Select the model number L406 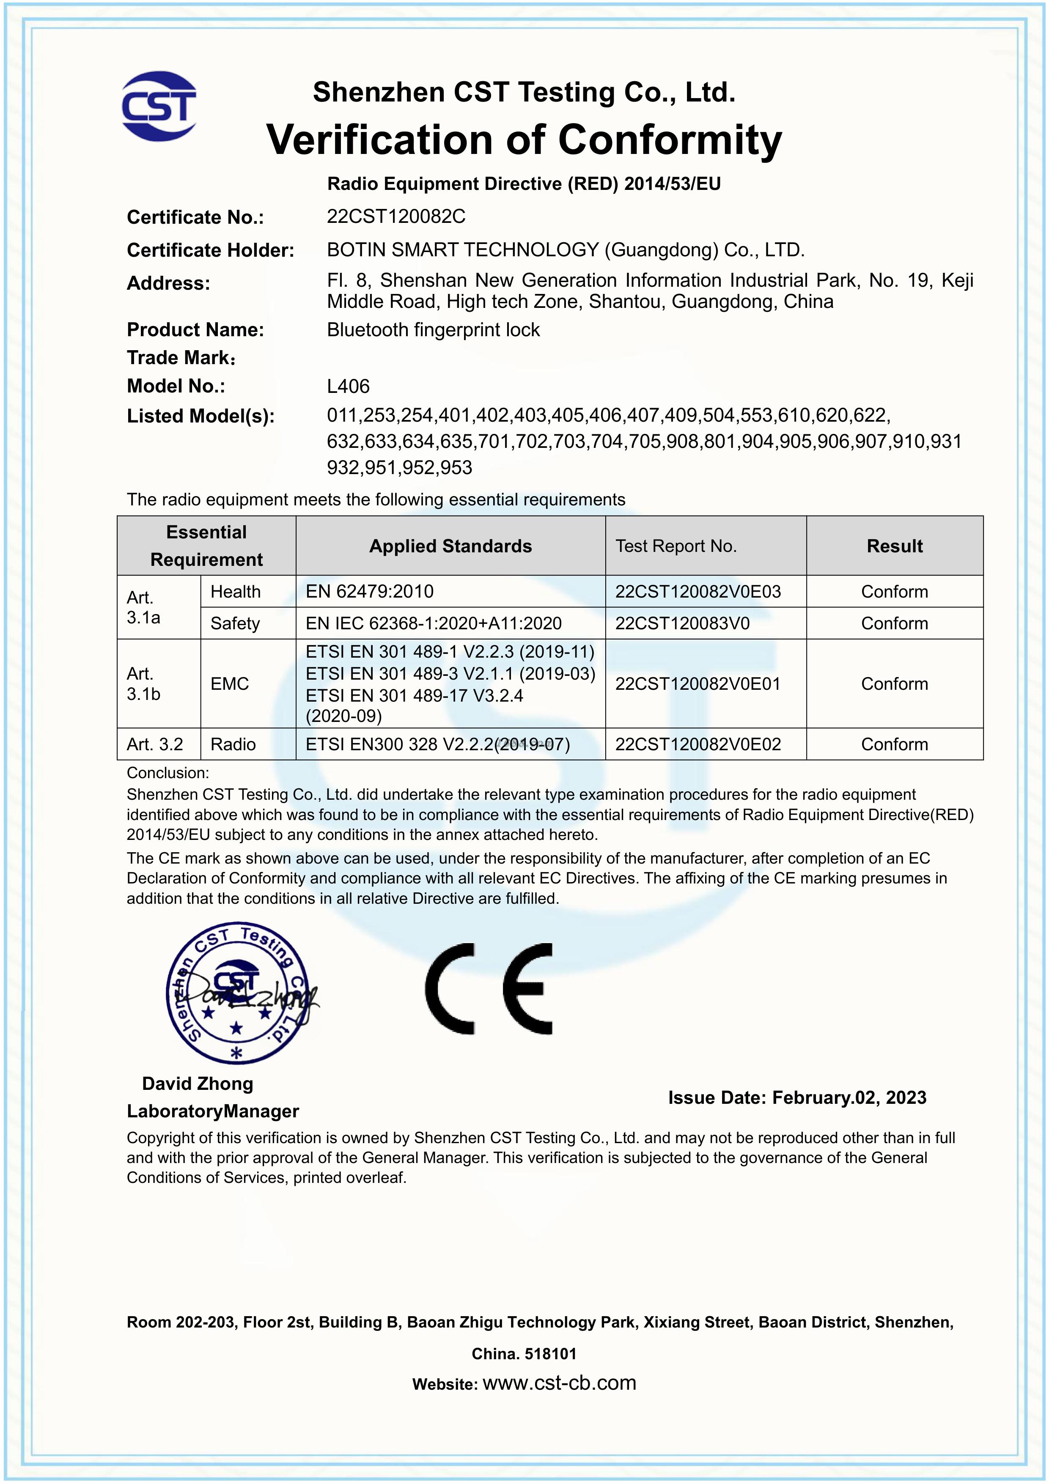pos(349,387)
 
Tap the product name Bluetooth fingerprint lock pos(433,330)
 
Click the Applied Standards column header pos(450,546)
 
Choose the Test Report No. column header pos(676,546)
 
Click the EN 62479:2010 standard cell pos(370,591)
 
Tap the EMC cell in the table pos(229,684)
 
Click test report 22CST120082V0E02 pos(698,745)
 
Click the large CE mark pos(489,989)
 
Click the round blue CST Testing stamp pos(236,993)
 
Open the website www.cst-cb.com pos(559,1383)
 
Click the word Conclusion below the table pos(168,773)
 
